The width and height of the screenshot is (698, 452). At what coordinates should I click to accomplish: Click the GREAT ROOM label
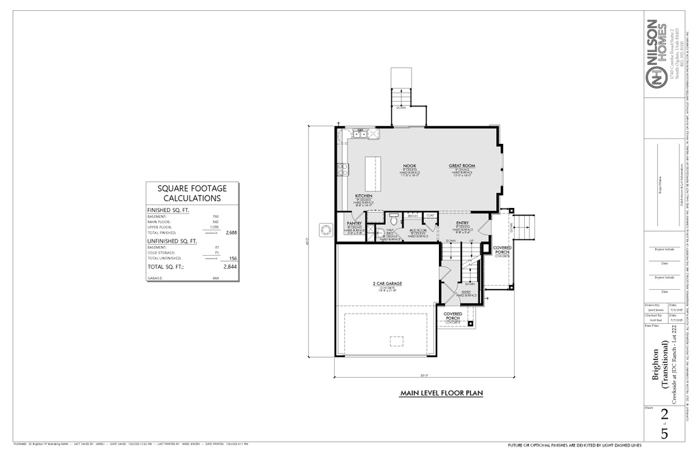point(461,166)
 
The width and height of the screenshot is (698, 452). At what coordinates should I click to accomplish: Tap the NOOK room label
point(409,166)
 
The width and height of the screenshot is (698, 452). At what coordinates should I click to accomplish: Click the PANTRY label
point(354,223)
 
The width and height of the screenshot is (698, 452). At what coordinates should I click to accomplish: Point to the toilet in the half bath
point(393,221)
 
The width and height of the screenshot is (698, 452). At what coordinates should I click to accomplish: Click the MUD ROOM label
point(417,230)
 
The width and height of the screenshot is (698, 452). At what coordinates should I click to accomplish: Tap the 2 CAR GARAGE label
point(388,283)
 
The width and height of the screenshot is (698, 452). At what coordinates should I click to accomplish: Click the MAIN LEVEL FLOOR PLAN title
point(441,393)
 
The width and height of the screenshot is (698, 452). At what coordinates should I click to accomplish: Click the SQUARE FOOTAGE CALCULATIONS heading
point(192,193)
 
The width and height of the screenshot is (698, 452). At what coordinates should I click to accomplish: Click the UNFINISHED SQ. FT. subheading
point(172,241)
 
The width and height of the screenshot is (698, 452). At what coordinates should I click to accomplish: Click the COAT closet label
point(429,215)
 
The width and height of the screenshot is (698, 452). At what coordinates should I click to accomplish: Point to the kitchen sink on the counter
point(359,134)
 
